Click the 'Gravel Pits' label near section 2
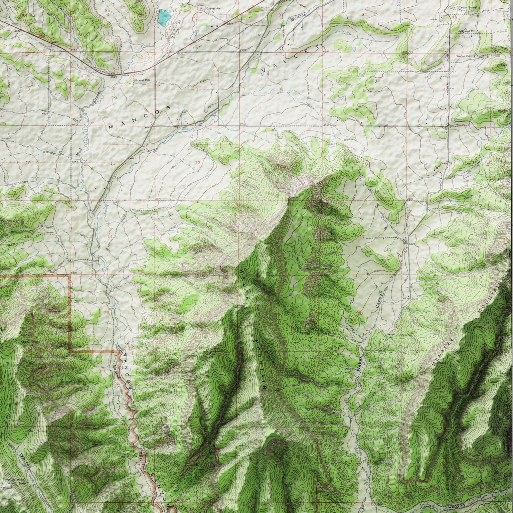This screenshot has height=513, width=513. click(143, 80)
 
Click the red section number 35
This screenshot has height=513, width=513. click(107, 11)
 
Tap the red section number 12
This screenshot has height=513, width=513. click(197, 163)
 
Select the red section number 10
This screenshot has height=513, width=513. click(28, 163)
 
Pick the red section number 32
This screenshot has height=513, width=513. click(364, 15)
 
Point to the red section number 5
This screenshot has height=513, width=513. click(364, 90)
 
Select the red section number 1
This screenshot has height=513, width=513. click(197, 89)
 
